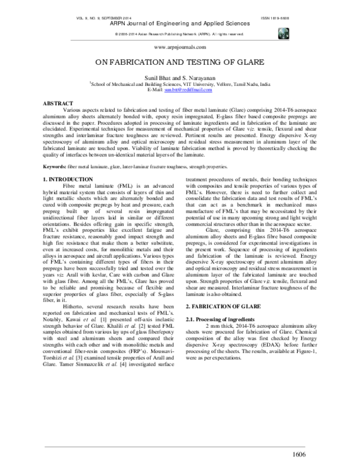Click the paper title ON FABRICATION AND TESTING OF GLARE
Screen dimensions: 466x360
[x=179, y=64]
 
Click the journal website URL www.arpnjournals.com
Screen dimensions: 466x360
[x=180, y=47]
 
